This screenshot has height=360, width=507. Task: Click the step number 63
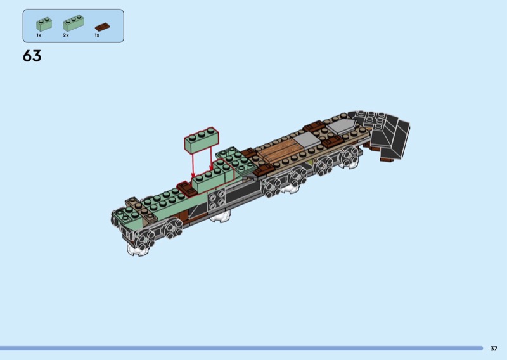(32, 56)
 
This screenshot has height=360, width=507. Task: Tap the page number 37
(494, 349)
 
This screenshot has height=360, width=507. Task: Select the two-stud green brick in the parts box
(44, 24)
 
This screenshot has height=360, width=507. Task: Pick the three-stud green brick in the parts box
(74, 23)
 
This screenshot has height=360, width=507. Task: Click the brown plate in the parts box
(103, 27)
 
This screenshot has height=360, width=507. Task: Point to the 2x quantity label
(66, 35)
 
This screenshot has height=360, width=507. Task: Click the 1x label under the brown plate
(97, 35)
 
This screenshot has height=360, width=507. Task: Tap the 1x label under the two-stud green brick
(39, 35)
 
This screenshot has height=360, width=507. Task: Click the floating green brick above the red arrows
(202, 140)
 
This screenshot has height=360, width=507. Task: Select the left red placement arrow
(193, 165)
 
